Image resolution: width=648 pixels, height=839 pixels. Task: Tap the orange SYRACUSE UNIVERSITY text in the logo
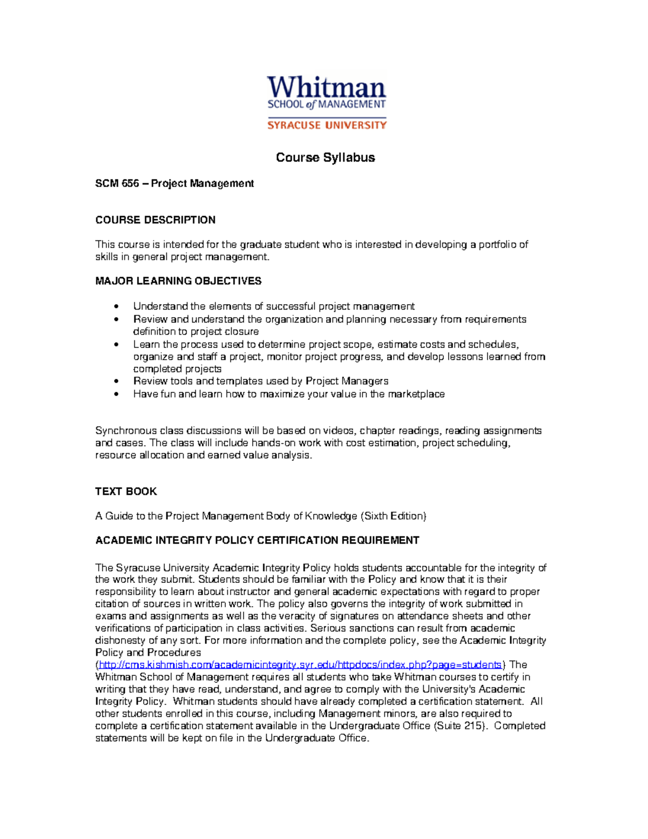[327, 125]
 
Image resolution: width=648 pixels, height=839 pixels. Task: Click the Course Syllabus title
[325, 157]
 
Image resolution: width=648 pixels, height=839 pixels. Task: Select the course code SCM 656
[117, 184]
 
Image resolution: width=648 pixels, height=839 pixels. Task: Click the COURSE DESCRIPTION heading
[155, 220]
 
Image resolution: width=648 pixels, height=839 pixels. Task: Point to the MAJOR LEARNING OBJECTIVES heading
[178, 281]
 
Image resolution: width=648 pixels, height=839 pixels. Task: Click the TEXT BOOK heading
[126, 491]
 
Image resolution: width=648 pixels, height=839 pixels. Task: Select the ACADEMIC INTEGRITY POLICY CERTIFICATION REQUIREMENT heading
[257, 540]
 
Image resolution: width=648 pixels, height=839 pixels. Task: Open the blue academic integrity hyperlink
[300, 665]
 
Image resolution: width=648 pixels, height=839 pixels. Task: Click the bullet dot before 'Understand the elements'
[116, 307]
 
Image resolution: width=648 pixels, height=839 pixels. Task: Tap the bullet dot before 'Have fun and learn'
[116, 394]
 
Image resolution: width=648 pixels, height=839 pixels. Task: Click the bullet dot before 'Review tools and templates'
[116, 381]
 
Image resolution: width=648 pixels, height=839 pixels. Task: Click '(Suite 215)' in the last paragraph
[459, 726]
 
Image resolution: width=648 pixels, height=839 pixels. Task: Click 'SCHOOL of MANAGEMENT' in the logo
[327, 104]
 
